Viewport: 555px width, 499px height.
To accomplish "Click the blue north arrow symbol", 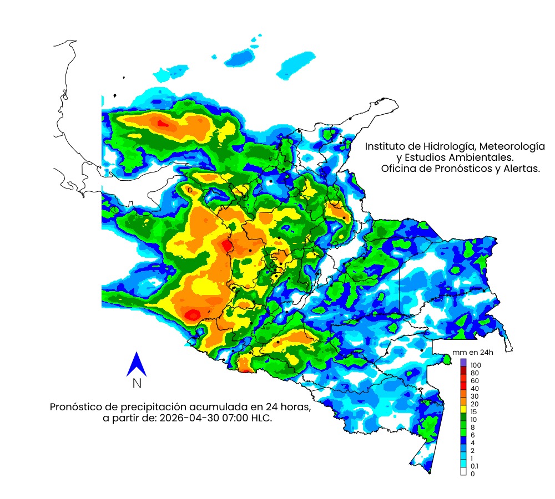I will point(136,364).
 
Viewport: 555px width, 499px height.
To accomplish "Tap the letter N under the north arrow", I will point(137,383).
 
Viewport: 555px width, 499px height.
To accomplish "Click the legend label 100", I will point(475,365).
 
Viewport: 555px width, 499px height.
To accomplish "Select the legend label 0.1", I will point(475,466).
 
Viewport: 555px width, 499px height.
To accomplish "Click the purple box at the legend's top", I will point(463,362).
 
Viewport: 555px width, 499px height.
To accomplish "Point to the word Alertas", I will point(522,169).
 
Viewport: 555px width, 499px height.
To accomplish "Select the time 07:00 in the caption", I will point(234,418).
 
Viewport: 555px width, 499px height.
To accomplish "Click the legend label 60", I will point(475,381).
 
